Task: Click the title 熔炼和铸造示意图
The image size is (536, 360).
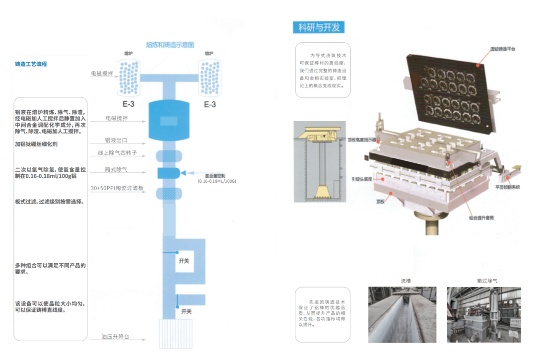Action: [170, 44]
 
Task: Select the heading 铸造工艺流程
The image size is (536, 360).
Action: [31, 64]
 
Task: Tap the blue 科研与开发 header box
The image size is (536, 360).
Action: [319, 27]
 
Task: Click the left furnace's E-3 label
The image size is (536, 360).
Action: [128, 104]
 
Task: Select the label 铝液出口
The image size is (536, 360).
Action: [116, 141]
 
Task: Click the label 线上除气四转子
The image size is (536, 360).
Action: [117, 153]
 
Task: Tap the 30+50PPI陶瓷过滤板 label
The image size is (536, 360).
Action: [117, 188]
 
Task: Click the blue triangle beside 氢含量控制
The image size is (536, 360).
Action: [184, 173]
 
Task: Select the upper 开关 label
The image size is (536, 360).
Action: [185, 260]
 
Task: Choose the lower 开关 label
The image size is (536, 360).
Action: [187, 311]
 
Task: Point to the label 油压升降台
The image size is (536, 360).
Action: [115, 336]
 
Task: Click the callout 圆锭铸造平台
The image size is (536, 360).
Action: [503, 49]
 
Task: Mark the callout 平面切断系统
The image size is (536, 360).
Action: [507, 187]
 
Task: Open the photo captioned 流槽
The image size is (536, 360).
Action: [402, 314]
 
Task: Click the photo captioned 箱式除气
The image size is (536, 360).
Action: [483, 314]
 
